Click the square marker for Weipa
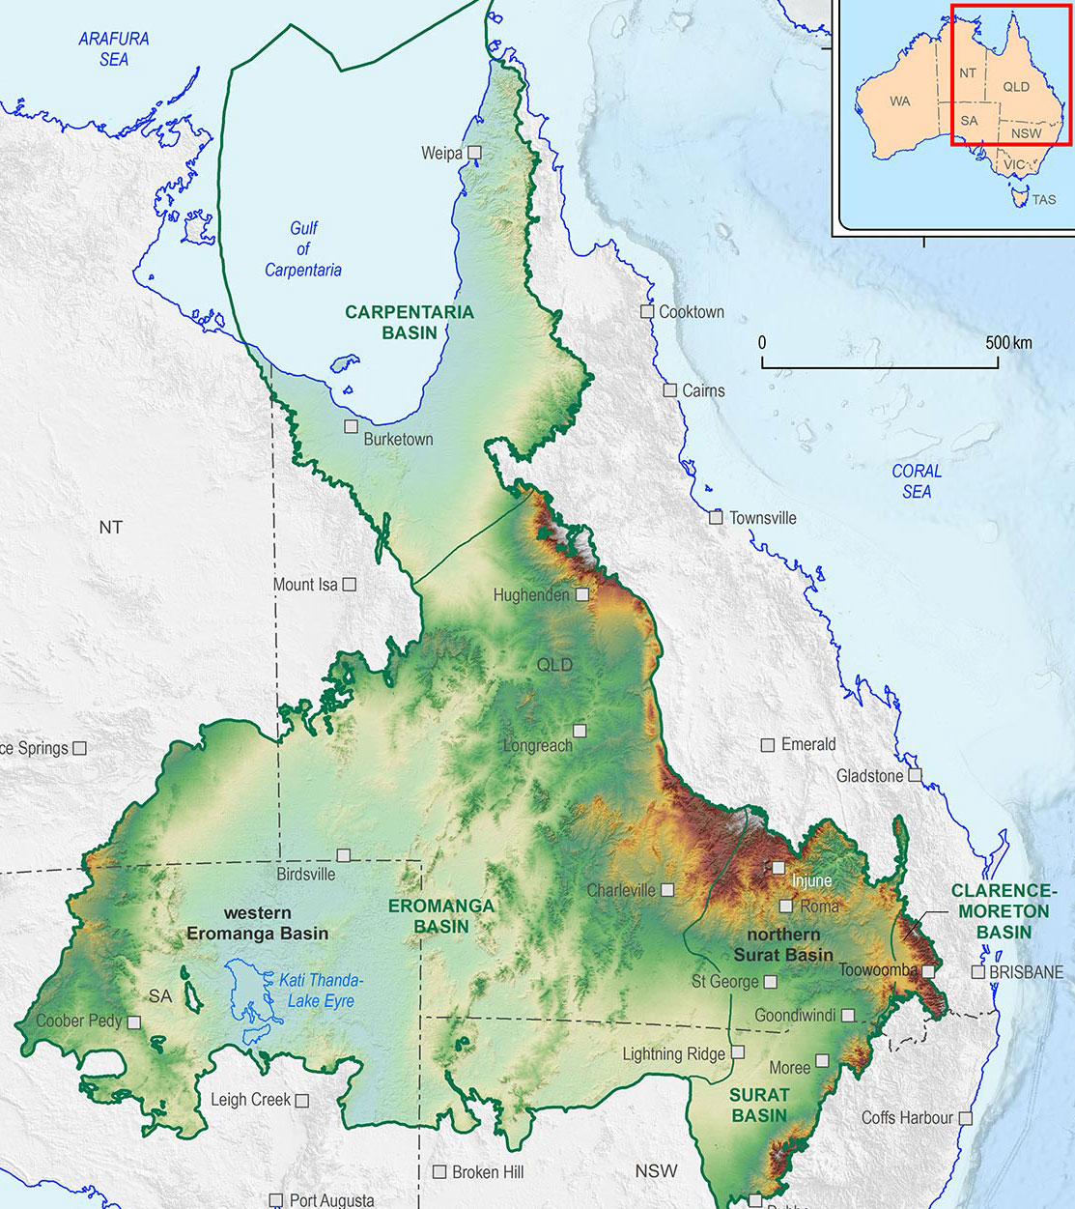pyautogui.click(x=474, y=153)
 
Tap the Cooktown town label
pyautogui.click(x=692, y=312)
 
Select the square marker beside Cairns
pyautogui.click(x=669, y=390)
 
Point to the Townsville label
pyautogui.click(x=762, y=518)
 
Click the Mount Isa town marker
pyautogui.click(x=350, y=585)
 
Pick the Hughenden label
pyautogui.click(x=531, y=595)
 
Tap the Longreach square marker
pyautogui.click(x=580, y=731)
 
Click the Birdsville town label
pyautogui.click(x=306, y=874)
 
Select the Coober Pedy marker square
pyautogui.click(x=134, y=1022)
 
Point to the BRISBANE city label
pyautogui.click(x=1026, y=972)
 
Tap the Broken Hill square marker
pyautogui.click(x=439, y=1171)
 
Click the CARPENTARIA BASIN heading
pyautogui.click(x=410, y=322)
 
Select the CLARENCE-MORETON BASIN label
pyautogui.click(x=1004, y=911)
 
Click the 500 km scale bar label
pyautogui.click(x=1008, y=343)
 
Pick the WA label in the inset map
pyautogui.click(x=899, y=101)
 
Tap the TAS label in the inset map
pyautogui.click(x=1044, y=199)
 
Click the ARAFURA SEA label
pyautogui.click(x=114, y=48)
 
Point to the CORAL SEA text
pyautogui.click(x=917, y=481)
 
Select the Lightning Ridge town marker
pyautogui.click(x=738, y=1052)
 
